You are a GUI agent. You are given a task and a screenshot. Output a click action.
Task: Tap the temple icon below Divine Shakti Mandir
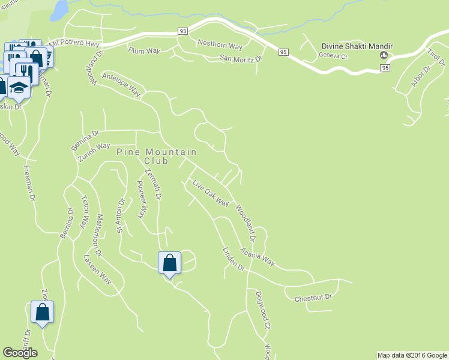(x=383, y=56)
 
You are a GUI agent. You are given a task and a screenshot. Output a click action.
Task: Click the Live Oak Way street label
(x=211, y=193)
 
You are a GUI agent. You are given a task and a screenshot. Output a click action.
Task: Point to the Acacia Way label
(x=258, y=256)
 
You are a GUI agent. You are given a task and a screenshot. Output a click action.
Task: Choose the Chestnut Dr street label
(x=313, y=297)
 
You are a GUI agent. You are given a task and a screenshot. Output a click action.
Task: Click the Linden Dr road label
(x=234, y=259)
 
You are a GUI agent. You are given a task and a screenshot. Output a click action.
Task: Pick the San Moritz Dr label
(x=241, y=59)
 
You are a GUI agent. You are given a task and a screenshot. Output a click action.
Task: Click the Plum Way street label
(x=143, y=51)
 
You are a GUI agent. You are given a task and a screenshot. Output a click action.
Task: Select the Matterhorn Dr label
(x=100, y=235)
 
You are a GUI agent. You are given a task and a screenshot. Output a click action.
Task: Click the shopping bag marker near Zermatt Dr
(x=169, y=263)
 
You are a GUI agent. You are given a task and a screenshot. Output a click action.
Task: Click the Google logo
(x=20, y=353)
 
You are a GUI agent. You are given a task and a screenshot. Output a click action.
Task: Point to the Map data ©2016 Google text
(x=411, y=355)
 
